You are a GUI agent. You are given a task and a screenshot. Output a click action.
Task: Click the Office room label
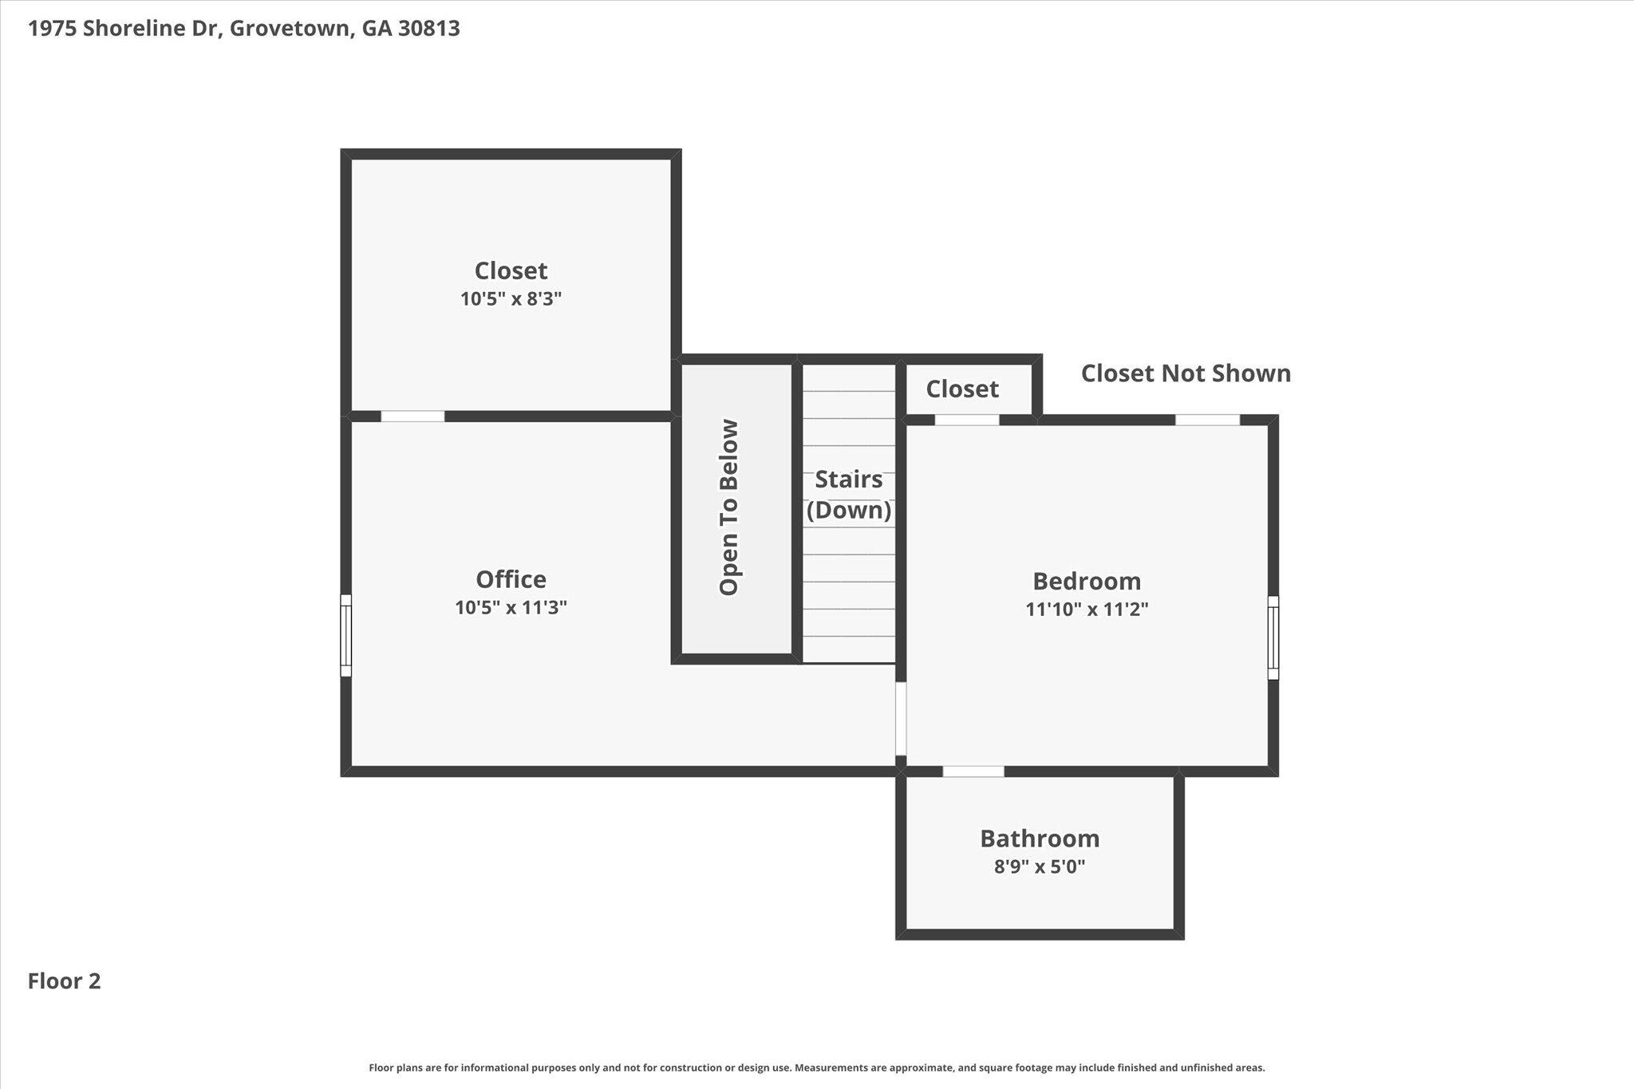click(511, 579)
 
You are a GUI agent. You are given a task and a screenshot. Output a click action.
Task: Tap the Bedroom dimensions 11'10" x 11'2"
click(1087, 610)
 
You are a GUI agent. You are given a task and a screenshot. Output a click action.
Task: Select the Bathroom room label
click(1040, 838)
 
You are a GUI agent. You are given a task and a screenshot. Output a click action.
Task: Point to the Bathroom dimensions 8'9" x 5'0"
click(1040, 866)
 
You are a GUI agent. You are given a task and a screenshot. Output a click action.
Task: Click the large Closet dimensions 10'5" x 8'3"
click(511, 299)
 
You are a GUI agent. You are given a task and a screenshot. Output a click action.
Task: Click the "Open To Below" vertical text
click(729, 507)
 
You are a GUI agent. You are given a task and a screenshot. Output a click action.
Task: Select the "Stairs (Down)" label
click(849, 495)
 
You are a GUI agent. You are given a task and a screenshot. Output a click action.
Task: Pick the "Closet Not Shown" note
click(1186, 373)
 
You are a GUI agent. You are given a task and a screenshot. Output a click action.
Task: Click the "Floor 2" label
click(65, 981)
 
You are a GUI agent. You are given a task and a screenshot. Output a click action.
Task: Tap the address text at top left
click(244, 29)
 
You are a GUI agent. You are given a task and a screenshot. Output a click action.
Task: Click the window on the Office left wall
click(345, 636)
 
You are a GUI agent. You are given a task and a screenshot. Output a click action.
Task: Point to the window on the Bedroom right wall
click(1273, 637)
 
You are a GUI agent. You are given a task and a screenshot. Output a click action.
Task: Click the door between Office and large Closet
click(412, 416)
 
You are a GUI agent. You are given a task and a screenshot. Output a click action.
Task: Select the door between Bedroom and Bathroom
click(973, 771)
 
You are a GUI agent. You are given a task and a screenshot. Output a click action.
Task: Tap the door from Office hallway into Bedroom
click(901, 718)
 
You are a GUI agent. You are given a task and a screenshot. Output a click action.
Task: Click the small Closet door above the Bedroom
click(967, 420)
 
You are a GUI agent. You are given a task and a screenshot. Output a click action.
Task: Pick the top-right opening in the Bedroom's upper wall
click(1208, 420)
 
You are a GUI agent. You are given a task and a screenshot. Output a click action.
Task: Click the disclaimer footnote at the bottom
click(817, 1067)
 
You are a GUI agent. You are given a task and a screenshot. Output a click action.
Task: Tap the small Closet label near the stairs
click(962, 389)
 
